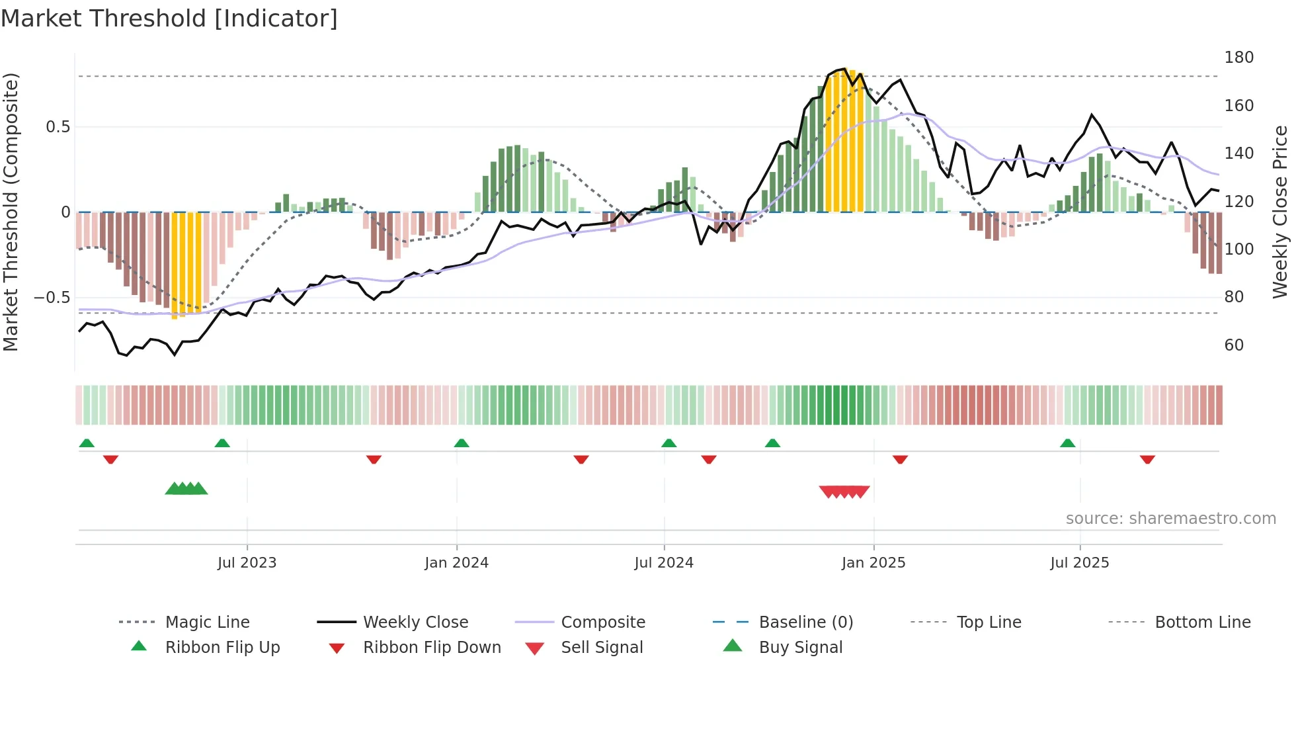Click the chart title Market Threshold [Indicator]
169,19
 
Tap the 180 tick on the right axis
1238,58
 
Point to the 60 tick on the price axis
1234,345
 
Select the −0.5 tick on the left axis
52,298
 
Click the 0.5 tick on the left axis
58,127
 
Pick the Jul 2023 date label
247,563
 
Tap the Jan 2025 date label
873,563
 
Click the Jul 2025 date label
1079,563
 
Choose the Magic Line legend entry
207,622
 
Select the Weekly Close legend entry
415,622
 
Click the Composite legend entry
603,622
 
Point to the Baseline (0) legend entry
805,622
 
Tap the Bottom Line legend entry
1202,622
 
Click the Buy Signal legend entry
800,648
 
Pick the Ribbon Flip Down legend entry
432,648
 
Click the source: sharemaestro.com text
1170,519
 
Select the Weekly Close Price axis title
1280,212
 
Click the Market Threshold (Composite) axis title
11,212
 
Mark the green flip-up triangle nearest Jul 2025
1067,443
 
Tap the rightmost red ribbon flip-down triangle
1147,459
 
